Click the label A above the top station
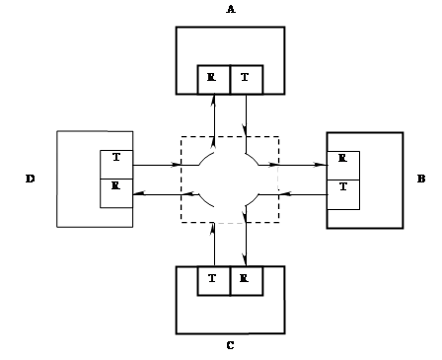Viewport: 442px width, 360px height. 231,10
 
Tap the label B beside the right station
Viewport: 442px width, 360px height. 421,179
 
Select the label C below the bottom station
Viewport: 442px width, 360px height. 230,345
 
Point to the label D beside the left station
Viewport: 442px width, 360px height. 30,179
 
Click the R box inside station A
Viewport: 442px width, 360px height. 214,80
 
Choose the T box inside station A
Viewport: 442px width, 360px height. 247,80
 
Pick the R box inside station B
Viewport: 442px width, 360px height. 343,166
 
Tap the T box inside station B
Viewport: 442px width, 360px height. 343,194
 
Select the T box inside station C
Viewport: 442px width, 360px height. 214,281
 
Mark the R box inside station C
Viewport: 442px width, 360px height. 247,281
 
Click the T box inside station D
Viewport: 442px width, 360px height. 116,165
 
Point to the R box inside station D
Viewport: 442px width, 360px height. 116,193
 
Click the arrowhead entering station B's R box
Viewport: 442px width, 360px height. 321,165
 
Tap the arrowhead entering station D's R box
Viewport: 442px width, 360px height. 139,194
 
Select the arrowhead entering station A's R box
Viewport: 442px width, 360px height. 214,101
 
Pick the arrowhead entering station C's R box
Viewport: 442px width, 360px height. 246,259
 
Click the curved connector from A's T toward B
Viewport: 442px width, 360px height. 254,157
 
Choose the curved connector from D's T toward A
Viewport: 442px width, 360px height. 205,158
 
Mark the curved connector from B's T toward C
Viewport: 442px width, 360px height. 254,201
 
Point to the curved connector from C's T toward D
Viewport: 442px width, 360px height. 206,201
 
